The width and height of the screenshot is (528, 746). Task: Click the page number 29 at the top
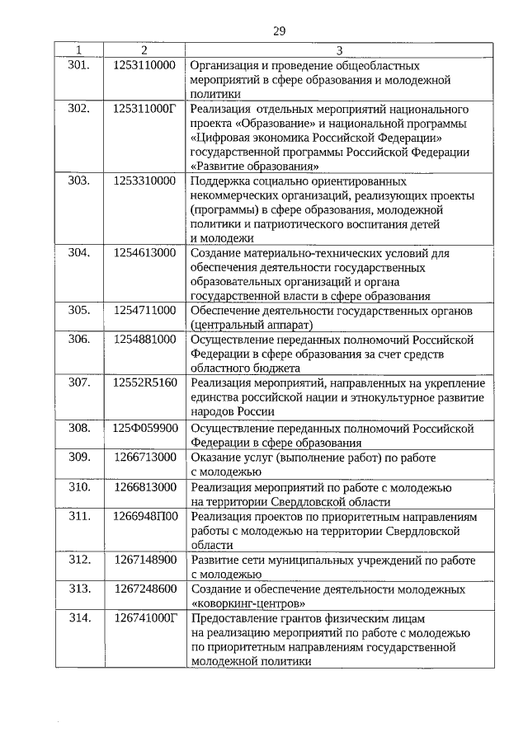[x=279, y=31]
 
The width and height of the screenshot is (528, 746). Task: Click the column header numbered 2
[x=144, y=50]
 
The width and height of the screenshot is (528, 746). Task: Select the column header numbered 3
[x=339, y=50]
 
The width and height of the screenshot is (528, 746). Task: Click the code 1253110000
[x=144, y=64]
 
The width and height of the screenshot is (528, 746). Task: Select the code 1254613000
[x=144, y=252]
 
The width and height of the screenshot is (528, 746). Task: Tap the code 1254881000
[x=144, y=339]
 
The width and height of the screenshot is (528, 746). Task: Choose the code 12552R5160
[x=144, y=383]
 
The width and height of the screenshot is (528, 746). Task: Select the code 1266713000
[x=144, y=457]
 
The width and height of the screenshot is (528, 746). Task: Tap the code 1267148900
[x=144, y=561]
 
